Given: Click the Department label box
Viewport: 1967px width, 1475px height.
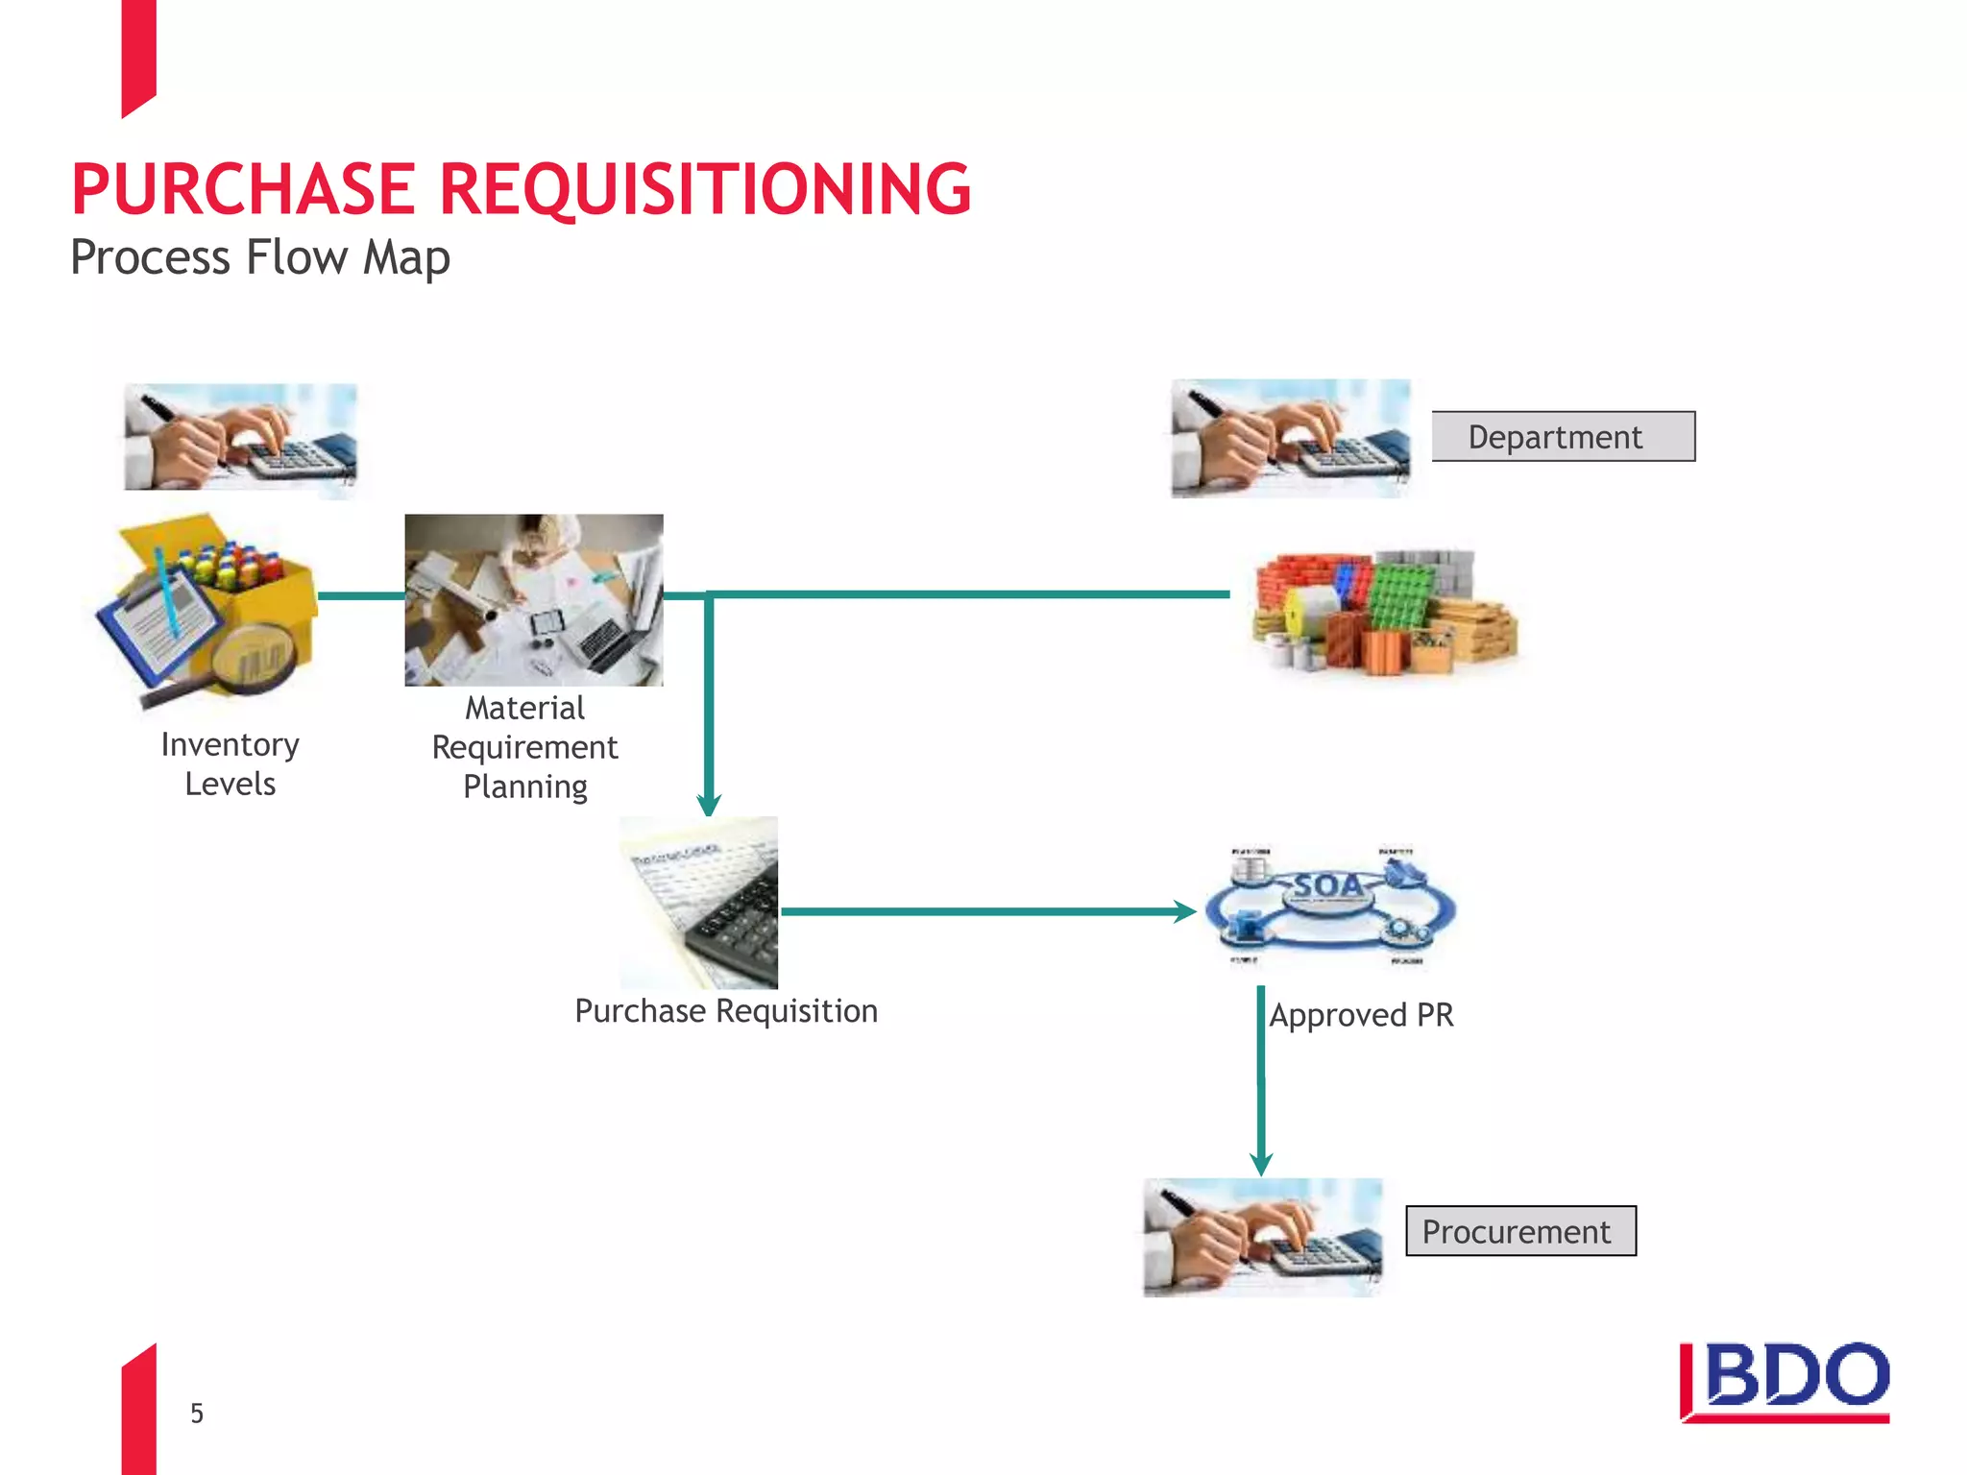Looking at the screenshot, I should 1563,437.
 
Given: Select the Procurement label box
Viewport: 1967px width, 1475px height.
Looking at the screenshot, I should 1520,1231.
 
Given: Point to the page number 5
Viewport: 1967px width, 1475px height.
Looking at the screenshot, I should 197,1414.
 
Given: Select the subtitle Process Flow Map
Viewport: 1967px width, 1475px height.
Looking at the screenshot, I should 260,257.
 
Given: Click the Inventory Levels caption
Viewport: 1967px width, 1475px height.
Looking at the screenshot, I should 231,764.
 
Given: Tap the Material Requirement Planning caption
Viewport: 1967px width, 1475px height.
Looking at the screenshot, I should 525,747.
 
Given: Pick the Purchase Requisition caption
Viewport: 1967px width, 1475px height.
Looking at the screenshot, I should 726,1011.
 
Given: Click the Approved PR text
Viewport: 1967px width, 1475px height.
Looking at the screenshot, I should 1361,1015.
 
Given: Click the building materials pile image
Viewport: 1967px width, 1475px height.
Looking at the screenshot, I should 1385,612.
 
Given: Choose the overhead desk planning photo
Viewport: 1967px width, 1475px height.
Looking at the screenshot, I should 534,599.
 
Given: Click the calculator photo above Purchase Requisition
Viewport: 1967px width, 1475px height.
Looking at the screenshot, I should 699,903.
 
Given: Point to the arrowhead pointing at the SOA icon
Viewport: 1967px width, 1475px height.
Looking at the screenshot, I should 1185,911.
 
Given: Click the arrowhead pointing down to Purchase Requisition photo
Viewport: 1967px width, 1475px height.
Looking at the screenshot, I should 709,804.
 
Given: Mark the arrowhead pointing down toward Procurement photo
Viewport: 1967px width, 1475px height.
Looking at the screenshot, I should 1261,1164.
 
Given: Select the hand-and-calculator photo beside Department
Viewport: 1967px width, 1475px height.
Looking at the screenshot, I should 1290,439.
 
